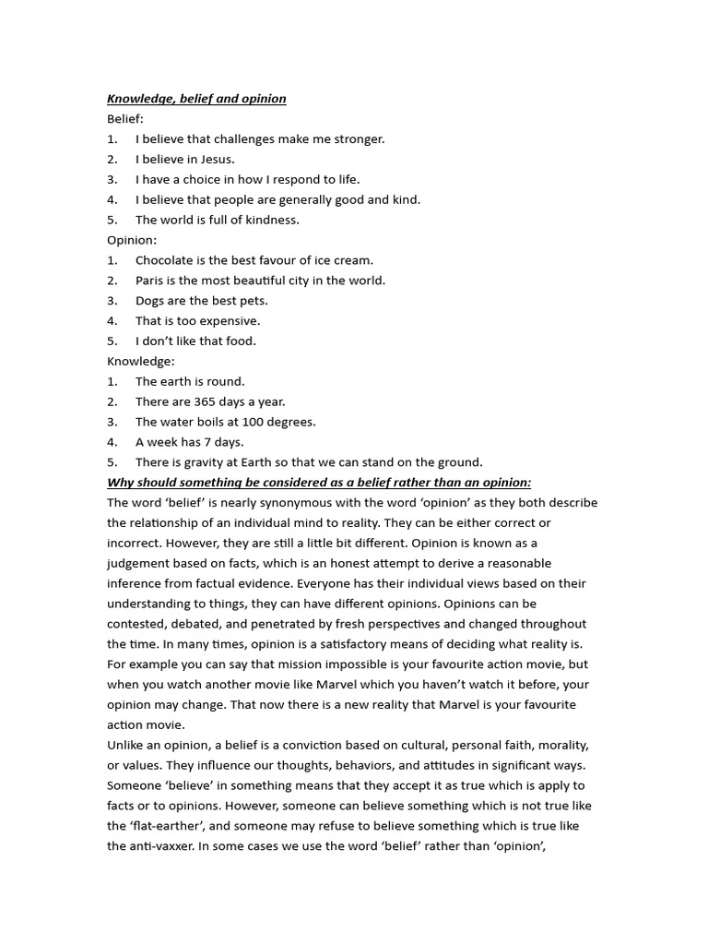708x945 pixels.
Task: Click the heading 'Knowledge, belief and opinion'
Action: click(x=196, y=99)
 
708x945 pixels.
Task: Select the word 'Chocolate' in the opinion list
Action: click(x=165, y=260)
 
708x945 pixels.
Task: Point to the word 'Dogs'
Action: click(x=150, y=301)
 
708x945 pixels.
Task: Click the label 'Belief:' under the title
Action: click(x=125, y=119)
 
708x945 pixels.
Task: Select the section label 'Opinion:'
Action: click(x=132, y=240)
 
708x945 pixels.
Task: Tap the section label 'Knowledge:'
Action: click(x=140, y=361)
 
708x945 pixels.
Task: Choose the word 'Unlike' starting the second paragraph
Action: click(x=126, y=745)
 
